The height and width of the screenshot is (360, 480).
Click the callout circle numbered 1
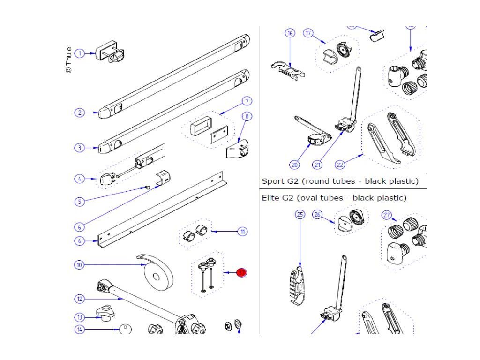(80, 53)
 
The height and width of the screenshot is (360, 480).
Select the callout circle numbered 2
(80, 112)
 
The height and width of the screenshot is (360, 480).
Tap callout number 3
(80, 148)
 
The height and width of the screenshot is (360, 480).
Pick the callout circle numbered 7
(247, 101)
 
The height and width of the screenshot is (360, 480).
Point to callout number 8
(247, 116)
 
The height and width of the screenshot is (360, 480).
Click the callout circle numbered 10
(80, 265)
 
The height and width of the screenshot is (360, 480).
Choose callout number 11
(242, 232)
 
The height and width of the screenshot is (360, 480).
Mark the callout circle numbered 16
(290, 33)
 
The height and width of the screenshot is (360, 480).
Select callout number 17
(308, 33)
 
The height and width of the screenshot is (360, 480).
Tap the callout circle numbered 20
(294, 165)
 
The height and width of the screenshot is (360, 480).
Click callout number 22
(340, 165)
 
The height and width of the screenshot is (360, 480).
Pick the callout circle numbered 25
(300, 215)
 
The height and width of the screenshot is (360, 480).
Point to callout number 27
(387, 215)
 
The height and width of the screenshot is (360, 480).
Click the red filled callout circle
(242, 272)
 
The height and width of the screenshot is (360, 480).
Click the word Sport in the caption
(272, 181)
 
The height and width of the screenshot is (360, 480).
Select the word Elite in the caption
(270, 198)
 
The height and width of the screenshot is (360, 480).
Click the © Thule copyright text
(69, 60)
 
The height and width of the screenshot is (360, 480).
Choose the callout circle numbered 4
(80, 179)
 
